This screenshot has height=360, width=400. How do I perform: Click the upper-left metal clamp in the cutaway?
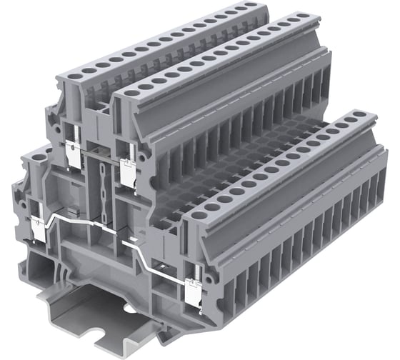point(74,153)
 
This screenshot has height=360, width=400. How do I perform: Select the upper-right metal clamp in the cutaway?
point(129,173)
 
